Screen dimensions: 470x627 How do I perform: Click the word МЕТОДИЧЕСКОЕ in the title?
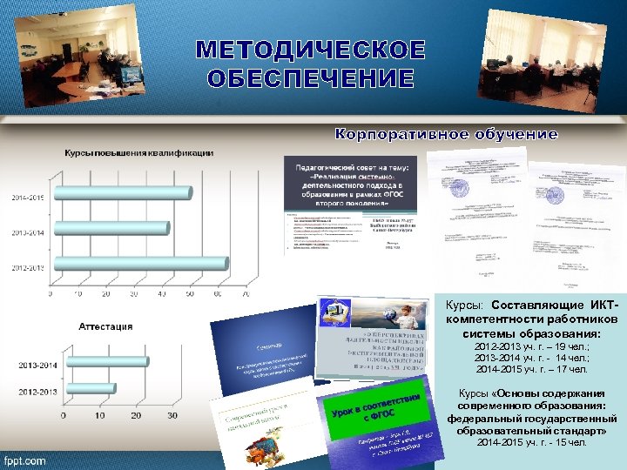pos(310,50)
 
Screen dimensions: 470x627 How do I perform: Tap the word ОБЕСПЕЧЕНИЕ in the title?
pos(310,79)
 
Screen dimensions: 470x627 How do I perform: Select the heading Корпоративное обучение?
pos(447,134)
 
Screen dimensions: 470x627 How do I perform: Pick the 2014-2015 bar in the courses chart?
pos(121,194)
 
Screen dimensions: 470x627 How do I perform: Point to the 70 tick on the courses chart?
pos(246,294)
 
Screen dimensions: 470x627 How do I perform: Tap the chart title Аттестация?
pos(106,326)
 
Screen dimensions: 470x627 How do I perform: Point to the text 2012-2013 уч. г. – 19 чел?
pos(531,346)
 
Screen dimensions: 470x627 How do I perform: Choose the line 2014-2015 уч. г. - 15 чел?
pos(531,442)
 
